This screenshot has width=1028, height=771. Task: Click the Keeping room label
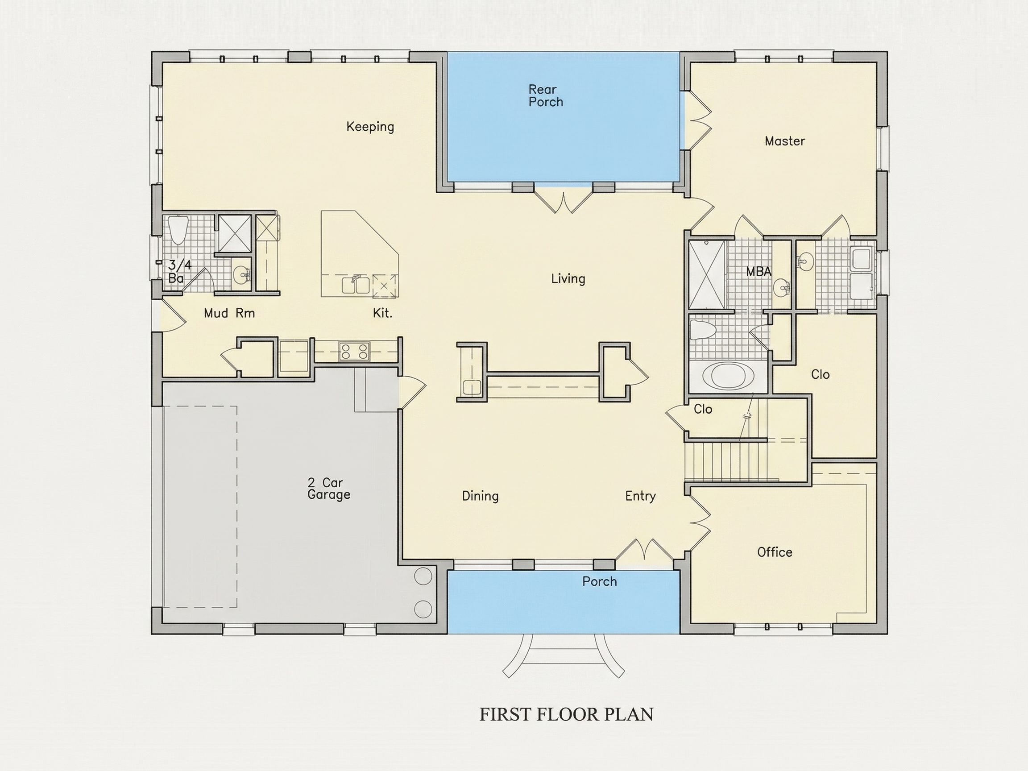point(370,127)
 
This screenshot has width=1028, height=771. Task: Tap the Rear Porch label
point(545,96)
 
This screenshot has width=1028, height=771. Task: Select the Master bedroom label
point(784,141)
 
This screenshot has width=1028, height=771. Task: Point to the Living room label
point(568,279)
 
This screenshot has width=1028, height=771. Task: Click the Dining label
point(480,496)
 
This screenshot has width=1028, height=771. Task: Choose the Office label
point(774,552)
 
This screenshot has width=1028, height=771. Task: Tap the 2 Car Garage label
point(328,489)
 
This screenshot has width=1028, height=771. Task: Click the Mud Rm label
point(230,313)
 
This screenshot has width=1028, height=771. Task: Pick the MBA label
point(759,271)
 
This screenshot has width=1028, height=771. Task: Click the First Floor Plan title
point(566,714)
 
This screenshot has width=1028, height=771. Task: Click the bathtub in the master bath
point(728,376)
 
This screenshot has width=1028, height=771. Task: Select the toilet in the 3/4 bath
point(178,230)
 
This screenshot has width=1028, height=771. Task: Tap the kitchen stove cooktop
point(354,351)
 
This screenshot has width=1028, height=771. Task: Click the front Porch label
point(600,581)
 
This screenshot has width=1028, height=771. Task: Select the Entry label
point(640,496)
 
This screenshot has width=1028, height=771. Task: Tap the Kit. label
point(382,313)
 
